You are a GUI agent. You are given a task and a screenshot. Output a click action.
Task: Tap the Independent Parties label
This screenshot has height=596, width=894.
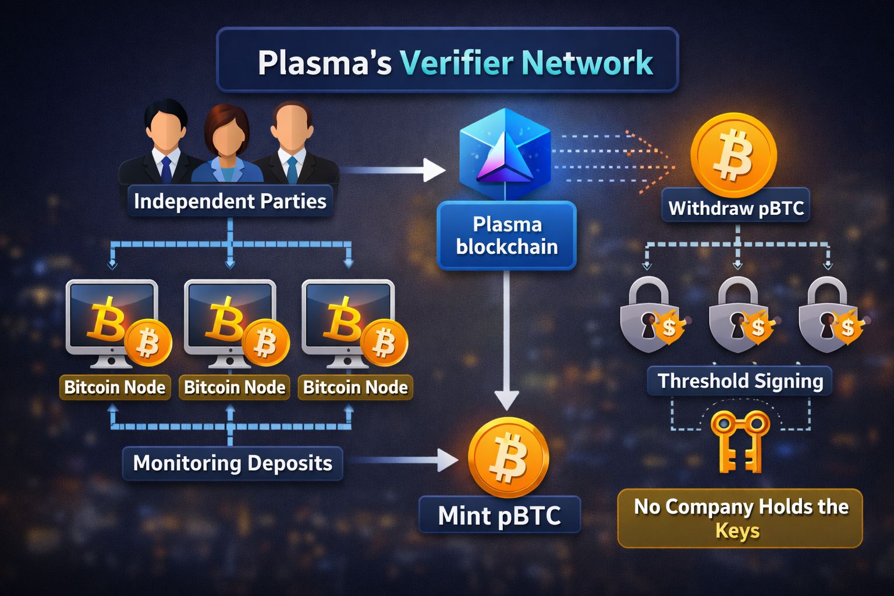click(230, 201)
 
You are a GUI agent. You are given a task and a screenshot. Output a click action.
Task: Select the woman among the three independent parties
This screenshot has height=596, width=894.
click(226, 146)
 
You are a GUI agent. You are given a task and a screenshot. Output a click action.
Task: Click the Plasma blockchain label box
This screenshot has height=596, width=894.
click(506, 236)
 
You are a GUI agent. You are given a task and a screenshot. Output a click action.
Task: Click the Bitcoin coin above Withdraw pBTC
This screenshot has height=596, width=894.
click(733, 155)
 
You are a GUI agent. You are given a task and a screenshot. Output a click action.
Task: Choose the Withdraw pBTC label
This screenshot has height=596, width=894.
click(736, 208)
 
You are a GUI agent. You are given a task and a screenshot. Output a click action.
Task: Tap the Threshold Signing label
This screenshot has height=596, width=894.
click(740, 381)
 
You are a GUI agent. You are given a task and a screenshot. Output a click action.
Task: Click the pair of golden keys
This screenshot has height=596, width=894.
click(740, 441)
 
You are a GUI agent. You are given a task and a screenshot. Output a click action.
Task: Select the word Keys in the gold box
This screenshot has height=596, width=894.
click(737, 531)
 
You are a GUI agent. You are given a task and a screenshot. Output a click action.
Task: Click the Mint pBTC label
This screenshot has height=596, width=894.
click(499, 516)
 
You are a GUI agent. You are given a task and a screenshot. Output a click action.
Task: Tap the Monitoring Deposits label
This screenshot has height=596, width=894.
click(232, 463)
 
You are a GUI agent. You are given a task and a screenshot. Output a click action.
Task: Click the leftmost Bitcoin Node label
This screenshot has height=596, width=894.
click(115, 388)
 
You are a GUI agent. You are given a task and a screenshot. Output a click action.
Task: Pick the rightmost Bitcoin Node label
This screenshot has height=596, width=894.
click(355, 388)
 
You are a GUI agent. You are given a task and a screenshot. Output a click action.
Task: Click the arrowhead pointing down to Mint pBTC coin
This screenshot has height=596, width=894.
click(506, 400)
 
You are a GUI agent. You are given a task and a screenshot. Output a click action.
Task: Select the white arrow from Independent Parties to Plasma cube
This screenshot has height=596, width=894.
click(396, 170)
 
